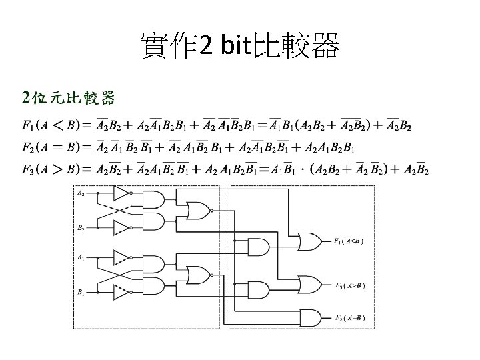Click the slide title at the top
click(x=240, y=46)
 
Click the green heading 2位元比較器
click(x=69, y=99)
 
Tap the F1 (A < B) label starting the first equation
click(x=50, y=125)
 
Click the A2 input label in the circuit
click(x=82, y=193)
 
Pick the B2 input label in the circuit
click(x=82, y=228)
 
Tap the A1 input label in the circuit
click(x=82, y=257)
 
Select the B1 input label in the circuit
click(x=82, y=291)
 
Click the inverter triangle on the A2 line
click(x=123, y=194)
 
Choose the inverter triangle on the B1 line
click(x=123, y=292)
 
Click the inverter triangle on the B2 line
click(x=123, y=228)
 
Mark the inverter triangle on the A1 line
click(x=123, y=257)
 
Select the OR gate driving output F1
click(x=309, y=241)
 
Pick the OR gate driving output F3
click(x=309, y=285)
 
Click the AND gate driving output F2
click(x=309, y=316)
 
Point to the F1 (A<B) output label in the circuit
click(x=350, y=241)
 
